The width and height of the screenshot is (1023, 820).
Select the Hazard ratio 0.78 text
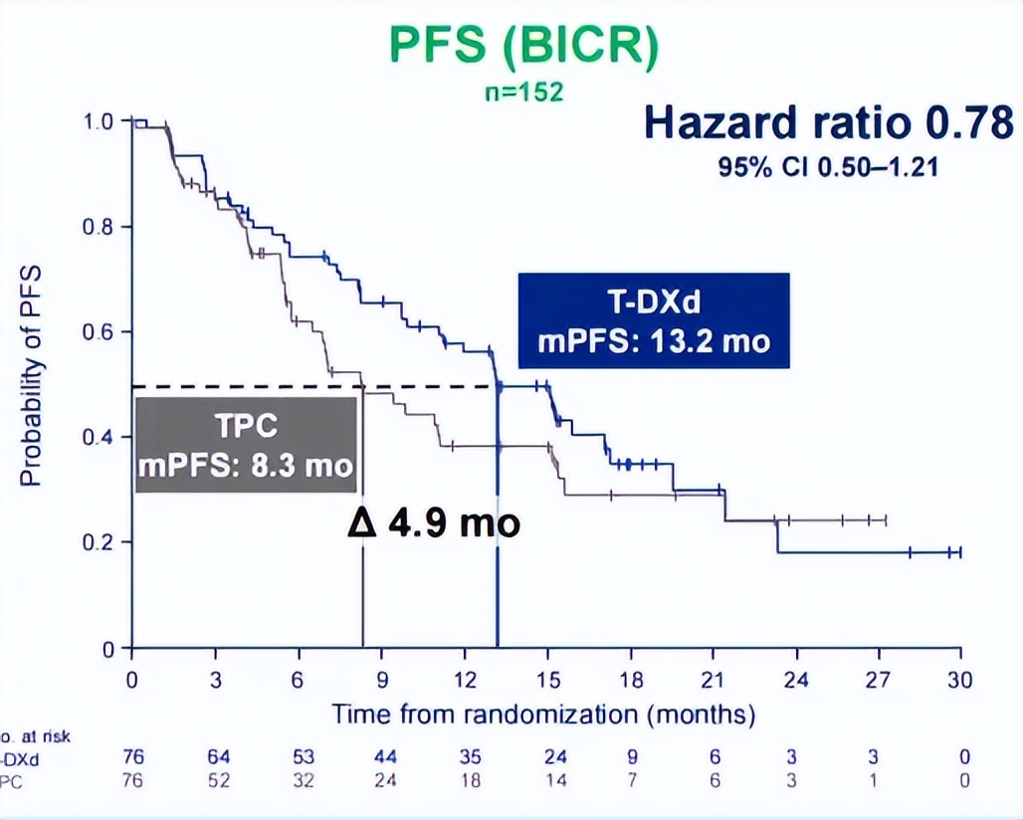pos(829,123)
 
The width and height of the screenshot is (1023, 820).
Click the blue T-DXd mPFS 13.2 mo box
pos(654,320)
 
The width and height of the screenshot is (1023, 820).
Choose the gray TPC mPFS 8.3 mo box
pos(246,444)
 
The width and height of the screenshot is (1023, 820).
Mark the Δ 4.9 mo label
pos(434,522)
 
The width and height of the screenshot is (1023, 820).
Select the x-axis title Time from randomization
pos(543,714)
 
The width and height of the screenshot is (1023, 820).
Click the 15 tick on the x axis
pos(545,680)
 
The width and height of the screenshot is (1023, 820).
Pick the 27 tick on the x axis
pos(877,680)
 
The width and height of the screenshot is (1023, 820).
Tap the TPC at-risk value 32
pos(301,781)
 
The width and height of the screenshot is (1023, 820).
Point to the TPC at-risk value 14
pos(547,781)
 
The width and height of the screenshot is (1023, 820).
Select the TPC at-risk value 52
pos(217,781)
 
